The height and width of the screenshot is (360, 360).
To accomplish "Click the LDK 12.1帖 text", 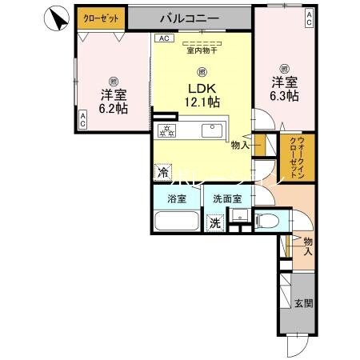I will coord(203,94).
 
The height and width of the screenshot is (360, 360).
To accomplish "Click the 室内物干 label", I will coord(202,51).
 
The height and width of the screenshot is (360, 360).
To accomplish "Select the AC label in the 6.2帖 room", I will coord(83,119).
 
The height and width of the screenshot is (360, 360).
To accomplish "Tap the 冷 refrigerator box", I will coord(162,170).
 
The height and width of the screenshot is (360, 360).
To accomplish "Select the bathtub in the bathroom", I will coord(175,221).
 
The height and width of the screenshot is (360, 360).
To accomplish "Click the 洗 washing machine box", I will coord(214,224).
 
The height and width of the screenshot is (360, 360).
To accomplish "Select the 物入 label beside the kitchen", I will coord(238,146).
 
